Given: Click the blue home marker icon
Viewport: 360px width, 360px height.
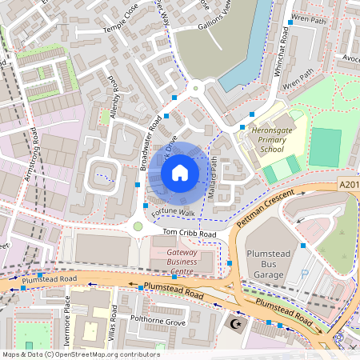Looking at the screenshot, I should click(180, 172).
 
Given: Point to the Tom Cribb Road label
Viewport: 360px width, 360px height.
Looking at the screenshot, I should click(190, 233).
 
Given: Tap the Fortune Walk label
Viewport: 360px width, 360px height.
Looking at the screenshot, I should click(174, 213).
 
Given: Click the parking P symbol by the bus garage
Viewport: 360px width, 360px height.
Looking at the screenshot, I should click(304, 274).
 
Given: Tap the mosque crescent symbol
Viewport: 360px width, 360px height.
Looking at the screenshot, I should click(234, 325).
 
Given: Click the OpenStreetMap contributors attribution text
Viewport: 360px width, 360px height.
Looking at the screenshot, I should click(80, 354).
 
